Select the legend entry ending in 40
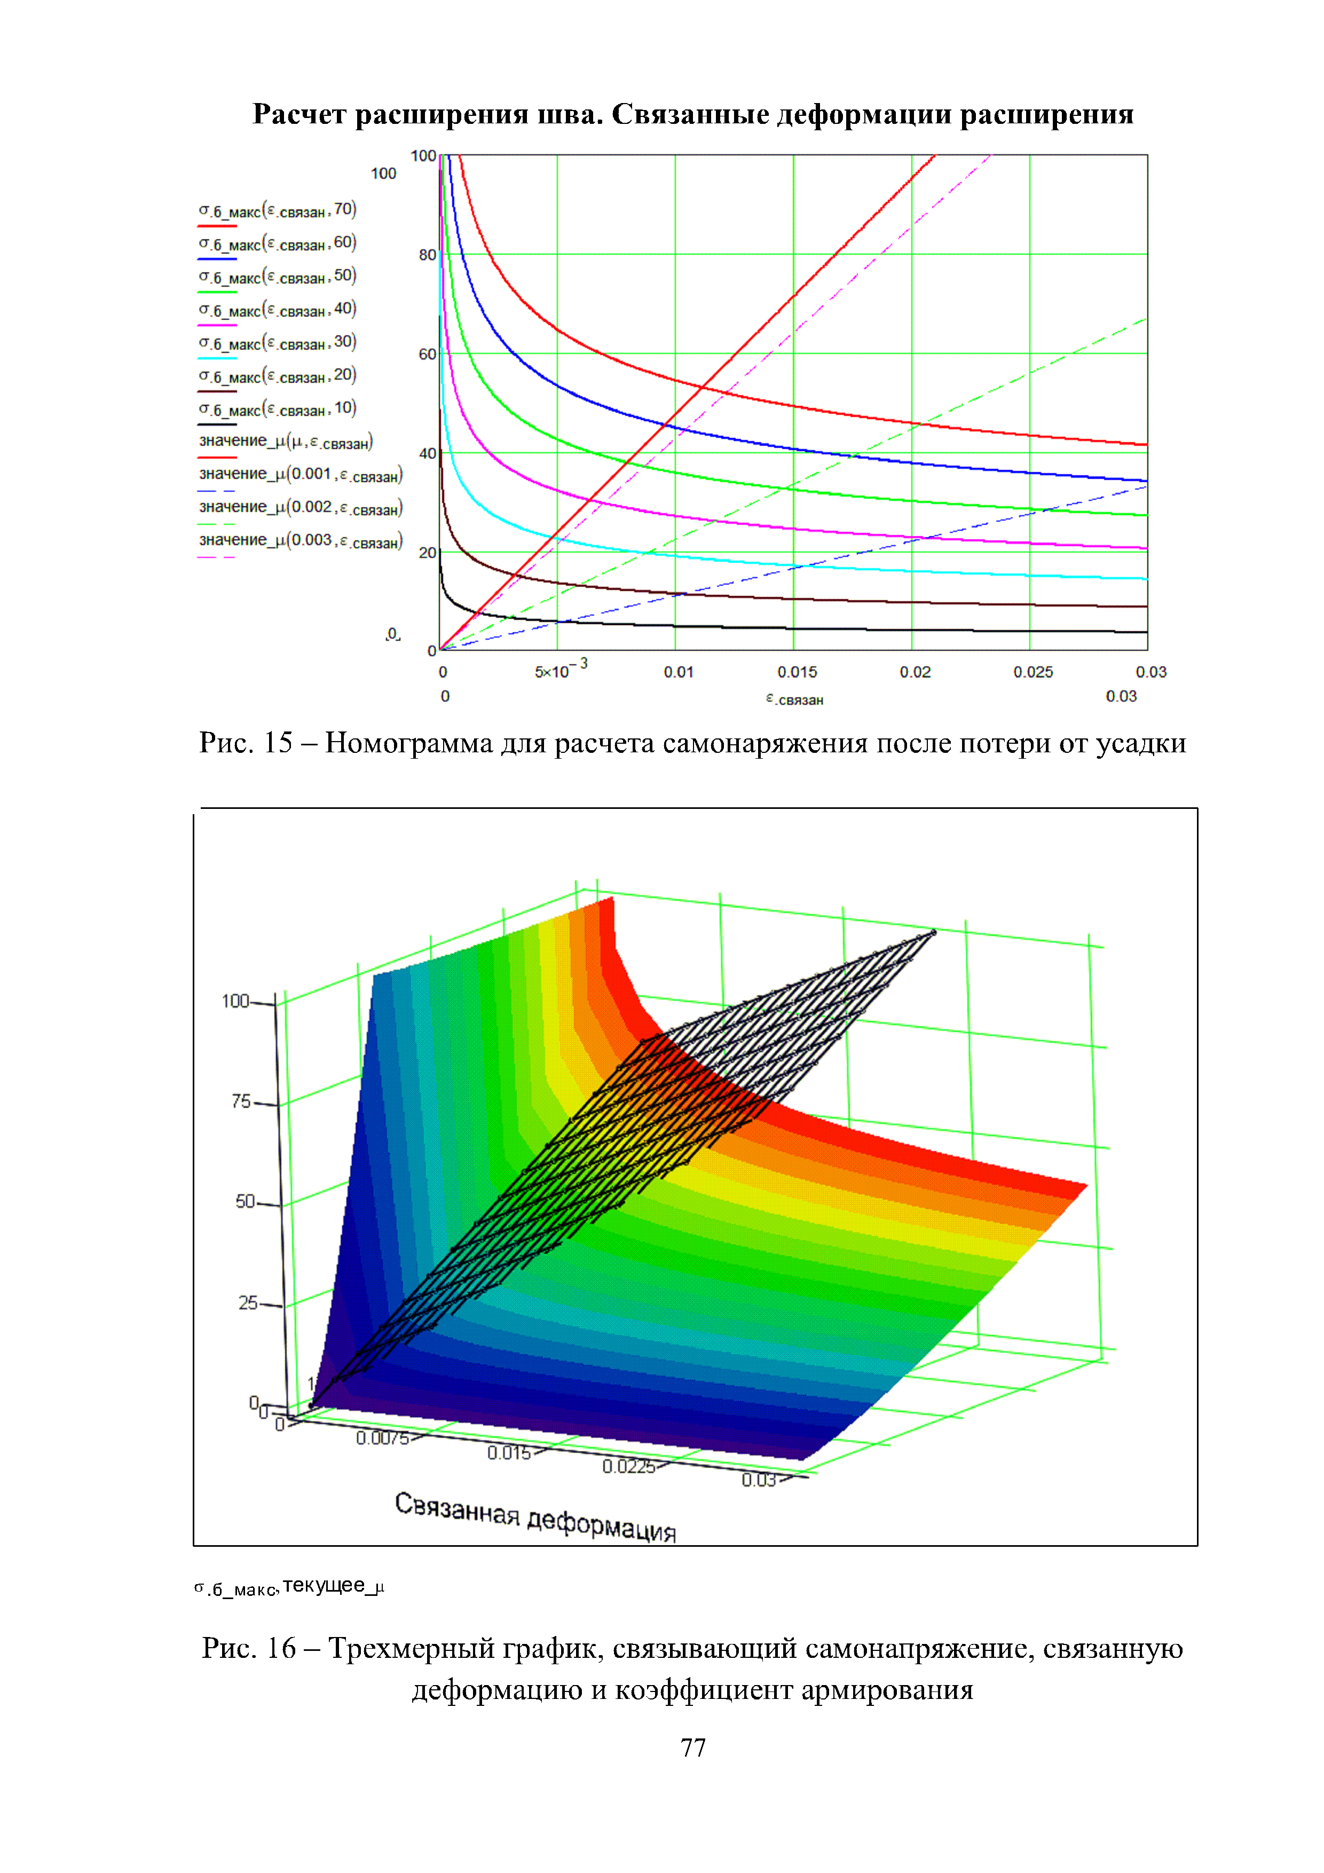click(278, 310)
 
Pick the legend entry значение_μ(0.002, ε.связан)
click(300, 508)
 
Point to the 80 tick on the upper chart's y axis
click(428, 255)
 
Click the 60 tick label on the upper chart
click(428, 354)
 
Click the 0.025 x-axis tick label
click(1033, 672)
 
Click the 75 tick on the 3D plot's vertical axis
click(241, 1101)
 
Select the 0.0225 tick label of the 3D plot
click(628, 1467)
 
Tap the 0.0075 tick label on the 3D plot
click(382, 1438)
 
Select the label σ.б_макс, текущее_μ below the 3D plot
click(289, 1587)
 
